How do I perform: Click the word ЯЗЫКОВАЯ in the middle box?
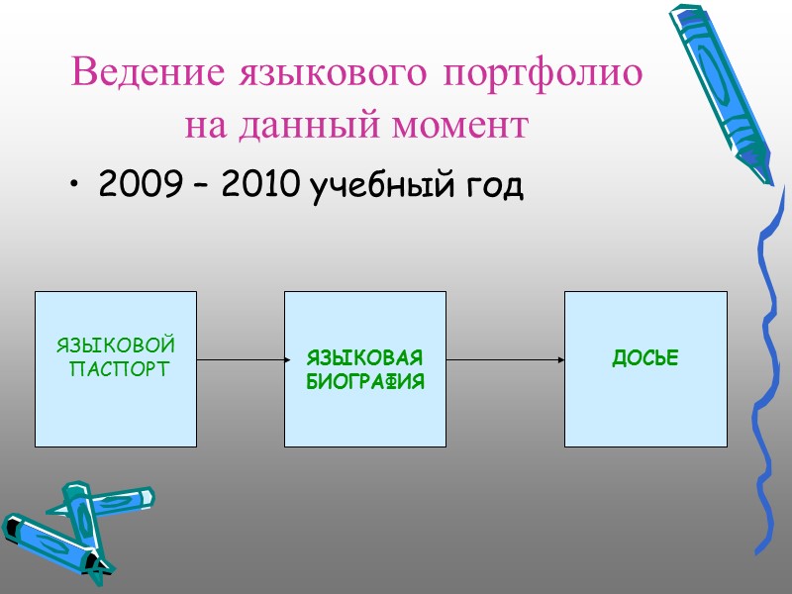point(364,356)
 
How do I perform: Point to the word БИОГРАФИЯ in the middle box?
point(364,380)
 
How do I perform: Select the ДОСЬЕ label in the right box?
point(645,358)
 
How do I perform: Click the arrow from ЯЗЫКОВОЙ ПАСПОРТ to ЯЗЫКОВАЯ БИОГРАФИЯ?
point(241,360)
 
